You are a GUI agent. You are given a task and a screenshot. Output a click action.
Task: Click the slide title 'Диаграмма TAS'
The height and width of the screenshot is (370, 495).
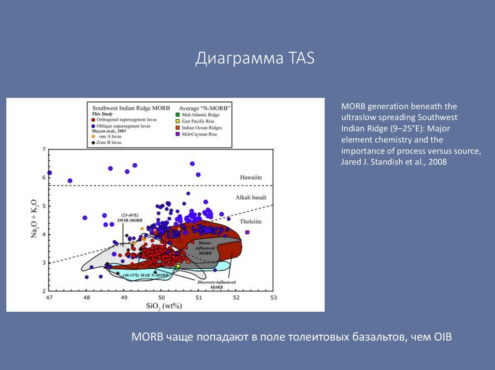coord(255,58)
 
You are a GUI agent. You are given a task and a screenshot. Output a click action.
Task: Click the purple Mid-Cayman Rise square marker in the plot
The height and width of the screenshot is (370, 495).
coord(247,232)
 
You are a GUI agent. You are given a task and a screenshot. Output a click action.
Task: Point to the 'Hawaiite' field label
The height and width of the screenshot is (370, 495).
coord(251,178)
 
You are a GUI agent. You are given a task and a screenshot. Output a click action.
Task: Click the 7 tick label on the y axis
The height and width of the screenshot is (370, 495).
coord(44,150)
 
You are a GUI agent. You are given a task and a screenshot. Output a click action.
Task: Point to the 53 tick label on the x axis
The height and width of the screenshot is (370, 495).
coord(273,298)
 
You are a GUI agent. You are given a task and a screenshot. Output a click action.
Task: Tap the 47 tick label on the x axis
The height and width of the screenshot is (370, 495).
coord(49,298)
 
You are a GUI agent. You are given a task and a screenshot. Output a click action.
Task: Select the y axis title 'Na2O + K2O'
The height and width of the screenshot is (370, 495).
coord(35,220)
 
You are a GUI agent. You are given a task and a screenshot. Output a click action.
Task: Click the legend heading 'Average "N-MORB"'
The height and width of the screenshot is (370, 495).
coord(205,108)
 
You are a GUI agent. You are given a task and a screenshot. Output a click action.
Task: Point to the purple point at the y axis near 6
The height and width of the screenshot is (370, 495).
coord(49,173)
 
